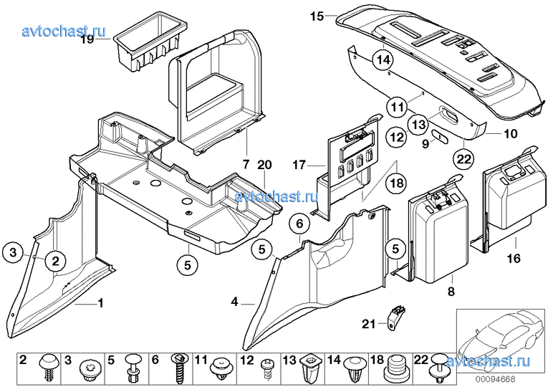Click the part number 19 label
tap(87, 40)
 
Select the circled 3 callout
tap(12, 252)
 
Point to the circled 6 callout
tap(300, 225)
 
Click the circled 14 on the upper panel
tap(383, 60)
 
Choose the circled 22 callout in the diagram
tap(464, 158)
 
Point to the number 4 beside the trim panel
tap(235, 303)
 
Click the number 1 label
tap(100, 303)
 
